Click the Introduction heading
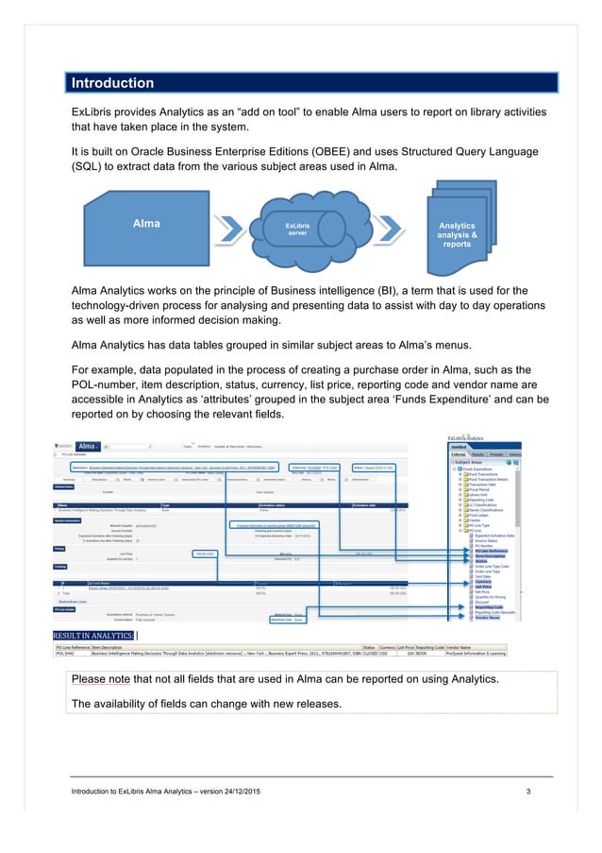coord(112,83)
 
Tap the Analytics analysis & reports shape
coord(458,232)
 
